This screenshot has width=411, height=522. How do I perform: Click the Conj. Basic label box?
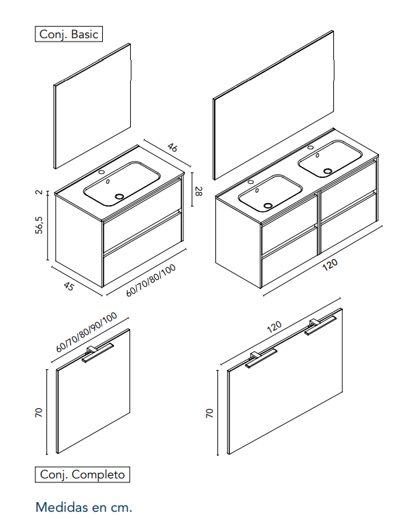point(69,34)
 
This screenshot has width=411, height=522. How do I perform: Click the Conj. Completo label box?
point(82,474)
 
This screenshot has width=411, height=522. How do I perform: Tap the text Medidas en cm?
point(84,508)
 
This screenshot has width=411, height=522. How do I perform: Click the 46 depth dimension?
point(172,147)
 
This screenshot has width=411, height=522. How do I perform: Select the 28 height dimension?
point(198,191)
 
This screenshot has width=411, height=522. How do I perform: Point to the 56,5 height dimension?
point(40,225)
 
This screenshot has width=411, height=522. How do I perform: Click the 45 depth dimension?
point(69,286)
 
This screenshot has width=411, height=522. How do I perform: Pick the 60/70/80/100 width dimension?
point(151,280)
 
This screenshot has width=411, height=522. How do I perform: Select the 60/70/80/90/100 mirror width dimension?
point(87,332)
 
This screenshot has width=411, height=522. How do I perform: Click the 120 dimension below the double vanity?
point(330,264)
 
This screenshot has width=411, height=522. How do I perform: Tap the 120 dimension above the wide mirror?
point(275,326)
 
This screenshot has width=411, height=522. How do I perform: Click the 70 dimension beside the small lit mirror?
point(39,412)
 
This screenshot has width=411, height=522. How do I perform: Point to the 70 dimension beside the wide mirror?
point(209,413)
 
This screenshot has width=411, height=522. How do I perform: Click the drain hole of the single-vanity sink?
point(119,196)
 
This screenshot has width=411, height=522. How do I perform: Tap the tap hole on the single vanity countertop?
point(102,172)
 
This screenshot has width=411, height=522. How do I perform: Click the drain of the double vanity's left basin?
point(267,205)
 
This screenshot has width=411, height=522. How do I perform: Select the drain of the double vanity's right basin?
point(328,171)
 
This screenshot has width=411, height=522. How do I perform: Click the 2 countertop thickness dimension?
point(40,192)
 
